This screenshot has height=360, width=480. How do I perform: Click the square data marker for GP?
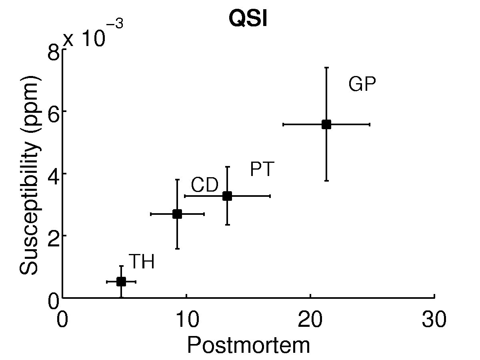click(326, 124)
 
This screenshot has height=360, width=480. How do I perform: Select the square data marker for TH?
click(121, 282)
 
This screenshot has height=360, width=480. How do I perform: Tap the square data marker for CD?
click(177, 214)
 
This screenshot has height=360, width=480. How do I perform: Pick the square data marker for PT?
click(227, 196)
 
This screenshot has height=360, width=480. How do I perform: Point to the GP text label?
click(362, 85)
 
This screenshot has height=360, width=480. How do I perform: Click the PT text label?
click(262, 170)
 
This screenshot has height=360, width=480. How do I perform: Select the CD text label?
click(204, 186)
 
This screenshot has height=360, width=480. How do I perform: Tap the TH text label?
click(142, 262)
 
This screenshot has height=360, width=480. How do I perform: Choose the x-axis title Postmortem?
click(248, 345)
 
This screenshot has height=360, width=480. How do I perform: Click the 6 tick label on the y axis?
click(54, 111)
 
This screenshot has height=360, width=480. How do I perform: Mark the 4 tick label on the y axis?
click(54, 174)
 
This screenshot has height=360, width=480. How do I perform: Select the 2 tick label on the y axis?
click(54, 236)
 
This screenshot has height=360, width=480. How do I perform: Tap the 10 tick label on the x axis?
click(186, 320)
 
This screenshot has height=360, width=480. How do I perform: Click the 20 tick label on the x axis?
click(310, 320)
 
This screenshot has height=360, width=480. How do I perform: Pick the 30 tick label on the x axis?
click(434, 320)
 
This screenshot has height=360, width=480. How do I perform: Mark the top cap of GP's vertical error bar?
click(326, 68)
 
